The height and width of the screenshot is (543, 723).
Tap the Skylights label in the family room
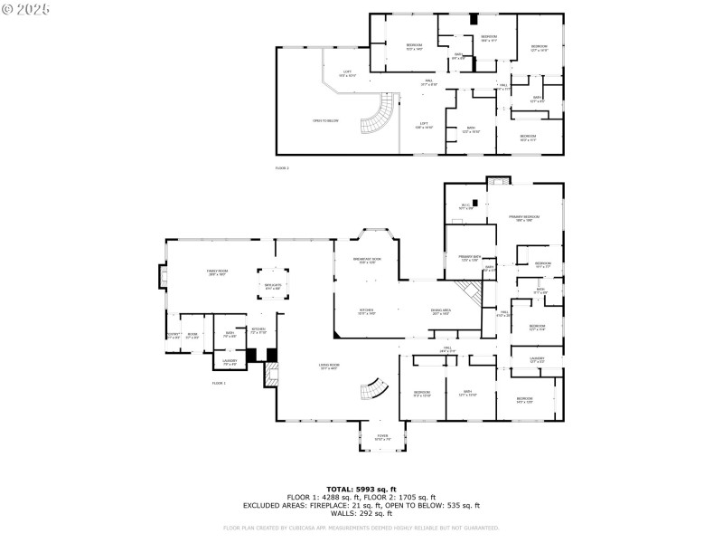pos(272,286)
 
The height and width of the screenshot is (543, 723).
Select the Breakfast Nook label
pos(367,261)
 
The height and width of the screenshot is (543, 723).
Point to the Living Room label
pos(327,367)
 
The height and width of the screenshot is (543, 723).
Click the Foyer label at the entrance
pos(382,438)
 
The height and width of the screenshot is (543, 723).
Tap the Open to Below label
pos(325,120)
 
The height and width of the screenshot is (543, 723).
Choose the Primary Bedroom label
pos(524,218)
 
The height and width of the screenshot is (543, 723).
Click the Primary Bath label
pos(470,259)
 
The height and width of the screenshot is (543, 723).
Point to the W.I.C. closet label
pos(466,207)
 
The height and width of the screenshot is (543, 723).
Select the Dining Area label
pos(440,311)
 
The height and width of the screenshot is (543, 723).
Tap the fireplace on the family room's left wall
pos(164,276)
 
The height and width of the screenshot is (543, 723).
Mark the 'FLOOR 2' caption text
pos(283,168)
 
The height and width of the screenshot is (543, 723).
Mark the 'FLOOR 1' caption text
pos(219,383)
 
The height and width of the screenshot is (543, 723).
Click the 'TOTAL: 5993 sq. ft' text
pos(361,490)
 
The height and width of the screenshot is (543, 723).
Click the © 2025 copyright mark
pos(26,8)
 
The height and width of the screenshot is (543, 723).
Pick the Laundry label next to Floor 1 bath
pos(230,363)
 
